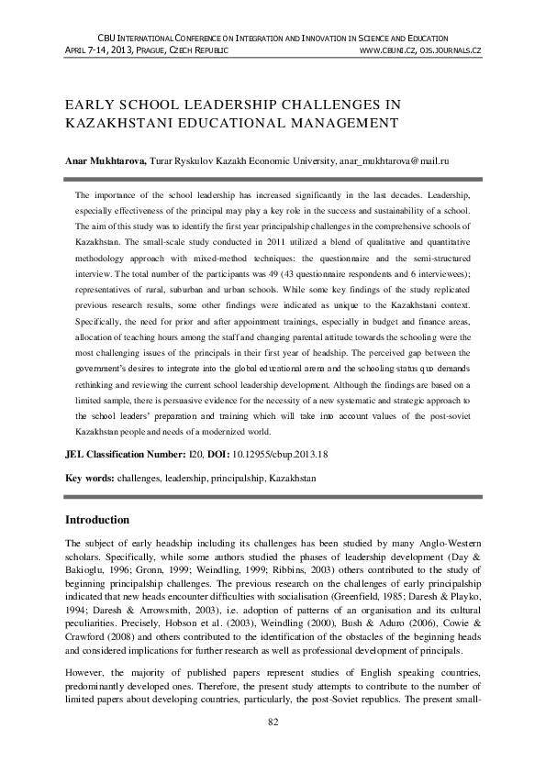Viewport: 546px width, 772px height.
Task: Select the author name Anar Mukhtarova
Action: coord(105,160)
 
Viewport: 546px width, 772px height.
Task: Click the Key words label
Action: coord(89,478)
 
